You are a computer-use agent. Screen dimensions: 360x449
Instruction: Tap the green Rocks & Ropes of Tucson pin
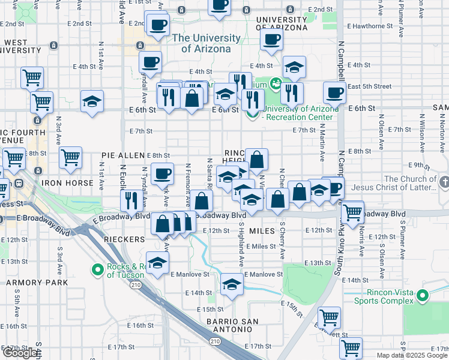pyautogui.click(x=98, y=271)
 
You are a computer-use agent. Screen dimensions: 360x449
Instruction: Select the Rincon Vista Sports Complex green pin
pyautogui.click(x=423, y=295)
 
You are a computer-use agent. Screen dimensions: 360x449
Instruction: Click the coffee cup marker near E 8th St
pyautogui.click(x=161, y=174)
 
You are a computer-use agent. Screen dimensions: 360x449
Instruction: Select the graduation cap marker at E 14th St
pyautogui.click(x=231, y=285)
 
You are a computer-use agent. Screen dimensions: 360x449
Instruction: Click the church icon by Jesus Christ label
pyautogui.click(x=444, y=181)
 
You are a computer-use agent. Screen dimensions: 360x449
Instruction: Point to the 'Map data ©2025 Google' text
pyautogui.click(x=411, y=355)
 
